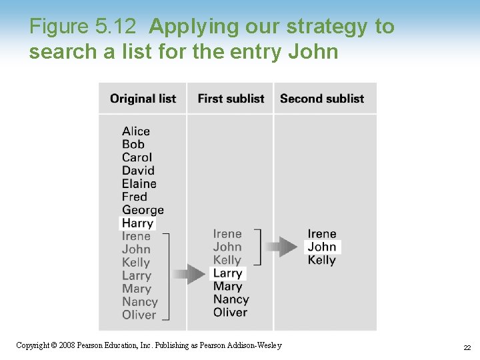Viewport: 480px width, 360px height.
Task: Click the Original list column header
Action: tap(143, 99)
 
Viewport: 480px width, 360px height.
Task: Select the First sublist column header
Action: tap(231, 99)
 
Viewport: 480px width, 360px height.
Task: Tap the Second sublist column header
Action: tap(322, 99)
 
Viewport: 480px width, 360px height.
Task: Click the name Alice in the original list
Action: tap(136, 131)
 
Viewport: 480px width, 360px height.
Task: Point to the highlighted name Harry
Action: tap(138, 223)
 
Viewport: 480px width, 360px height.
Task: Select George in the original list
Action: tap(143, 210)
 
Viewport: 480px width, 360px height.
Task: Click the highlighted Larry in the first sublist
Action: tap(227, 273)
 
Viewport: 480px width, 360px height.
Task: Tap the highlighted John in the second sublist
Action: tap(322, 247)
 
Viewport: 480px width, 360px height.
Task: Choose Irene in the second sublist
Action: tap(322, 234)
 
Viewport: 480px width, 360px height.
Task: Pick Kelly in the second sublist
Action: tap(322, 260)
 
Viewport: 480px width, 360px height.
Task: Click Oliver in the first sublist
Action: tap(230, 313)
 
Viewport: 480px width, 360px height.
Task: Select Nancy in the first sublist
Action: tap(231, 299)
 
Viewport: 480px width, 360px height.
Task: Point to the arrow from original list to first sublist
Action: tap(189, 274)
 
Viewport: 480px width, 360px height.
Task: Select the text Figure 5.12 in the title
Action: tap(83, 27)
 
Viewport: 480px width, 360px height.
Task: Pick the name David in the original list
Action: tap(138, 171)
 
